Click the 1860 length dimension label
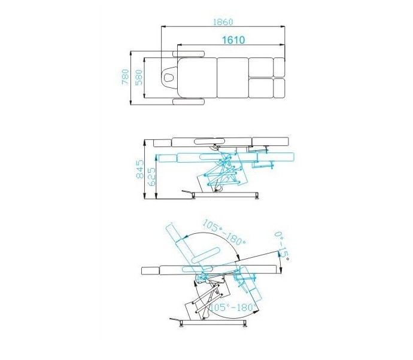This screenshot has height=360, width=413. [x=223, y=22]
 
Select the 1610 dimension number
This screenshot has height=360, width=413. [x=233, y=40]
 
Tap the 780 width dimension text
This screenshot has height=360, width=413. [x=126, y=77]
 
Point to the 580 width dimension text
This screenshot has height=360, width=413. [x=138, y=77]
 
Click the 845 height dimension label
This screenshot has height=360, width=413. [x=140, y=169]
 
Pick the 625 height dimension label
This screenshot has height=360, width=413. [x=151, y=176]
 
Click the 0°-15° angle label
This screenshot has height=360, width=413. [x=282, y=246]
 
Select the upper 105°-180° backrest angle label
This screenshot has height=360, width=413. [x=224, y=232]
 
